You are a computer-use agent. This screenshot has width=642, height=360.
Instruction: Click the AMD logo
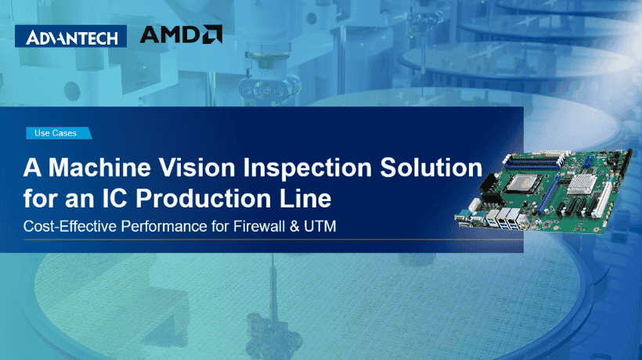point(180,34)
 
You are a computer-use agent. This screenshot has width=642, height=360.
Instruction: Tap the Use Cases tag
point(56,133)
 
